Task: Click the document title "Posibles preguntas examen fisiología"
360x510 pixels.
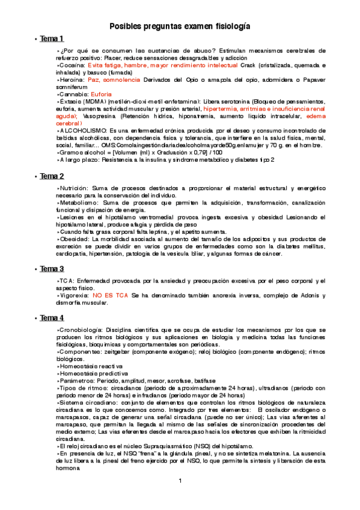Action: [x=180, y=26]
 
